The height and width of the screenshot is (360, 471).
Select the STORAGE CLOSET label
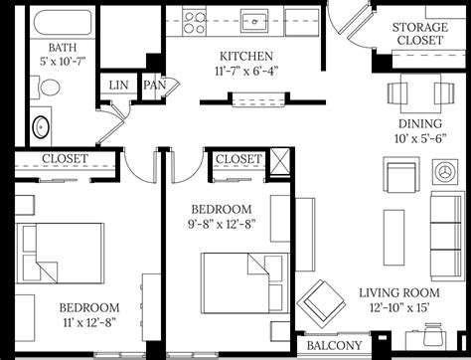coord(417,35)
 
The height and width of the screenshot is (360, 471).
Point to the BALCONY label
coord(333,345)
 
